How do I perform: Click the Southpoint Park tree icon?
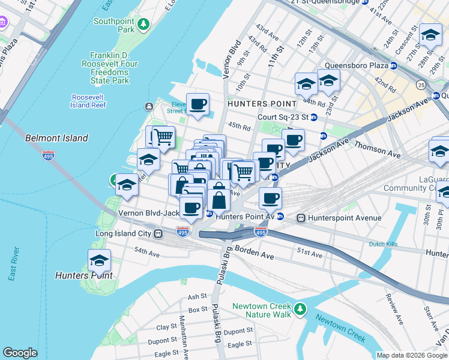click(143, 25)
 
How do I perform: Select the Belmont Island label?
click(56, 138)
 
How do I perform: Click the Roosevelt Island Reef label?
click(89, 101)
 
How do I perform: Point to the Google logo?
click(20, 353)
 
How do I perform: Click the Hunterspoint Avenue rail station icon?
click(301, 218)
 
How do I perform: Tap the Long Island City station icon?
click(158, 233)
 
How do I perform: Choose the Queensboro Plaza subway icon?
click(394, 65)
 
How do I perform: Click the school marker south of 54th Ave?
click(99, 260)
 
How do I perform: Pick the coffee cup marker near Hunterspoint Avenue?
click(270, 198)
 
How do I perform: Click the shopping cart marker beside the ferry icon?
click(163, 136)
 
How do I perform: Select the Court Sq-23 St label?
click(283, 117)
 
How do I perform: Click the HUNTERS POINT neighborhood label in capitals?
click(259, 104)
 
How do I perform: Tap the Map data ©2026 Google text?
click(412, 355)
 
